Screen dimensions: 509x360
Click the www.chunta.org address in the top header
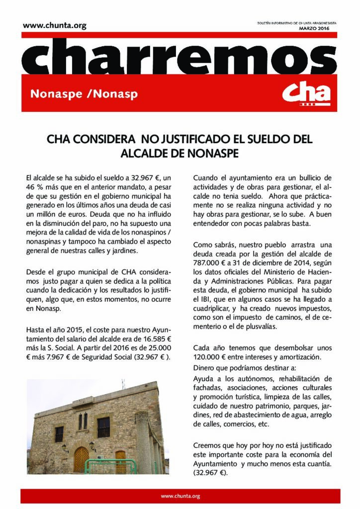click(54, 26)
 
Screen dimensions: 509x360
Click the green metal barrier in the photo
click(111, 466)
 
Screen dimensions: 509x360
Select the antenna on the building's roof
click(123, 384)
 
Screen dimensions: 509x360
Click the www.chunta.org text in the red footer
click(180, 496)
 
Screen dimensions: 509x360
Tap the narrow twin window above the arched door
click(83, 421)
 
